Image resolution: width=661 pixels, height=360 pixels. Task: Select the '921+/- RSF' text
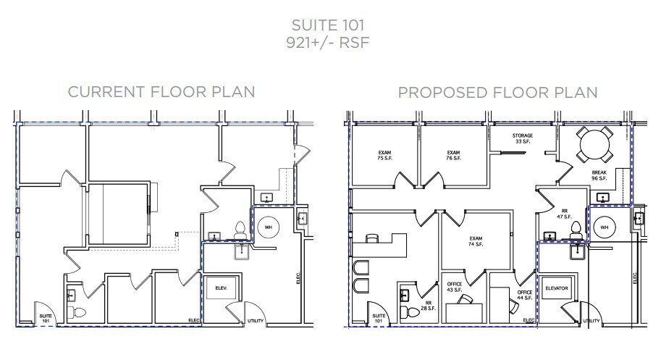(330, 43)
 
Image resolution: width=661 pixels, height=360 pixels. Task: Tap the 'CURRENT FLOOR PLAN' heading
(161, 92)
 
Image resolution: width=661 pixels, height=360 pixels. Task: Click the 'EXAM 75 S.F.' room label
(384, 155)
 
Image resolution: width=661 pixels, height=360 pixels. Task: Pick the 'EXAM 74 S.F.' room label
(476, 241)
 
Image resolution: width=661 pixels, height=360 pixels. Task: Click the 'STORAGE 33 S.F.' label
(523, 139)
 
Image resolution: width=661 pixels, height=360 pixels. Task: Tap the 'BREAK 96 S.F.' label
(598, 175)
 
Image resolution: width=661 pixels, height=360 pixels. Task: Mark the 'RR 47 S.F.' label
(564, 213)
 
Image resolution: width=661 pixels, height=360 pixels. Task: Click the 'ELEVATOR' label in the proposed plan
(559, 288)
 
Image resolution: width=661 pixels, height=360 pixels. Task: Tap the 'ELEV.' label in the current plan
(222, 288)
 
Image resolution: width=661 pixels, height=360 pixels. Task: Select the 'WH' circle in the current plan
(268, 227)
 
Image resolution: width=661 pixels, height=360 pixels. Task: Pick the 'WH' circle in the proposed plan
(605, 227)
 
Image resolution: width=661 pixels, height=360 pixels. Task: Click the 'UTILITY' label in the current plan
(256, 320)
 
